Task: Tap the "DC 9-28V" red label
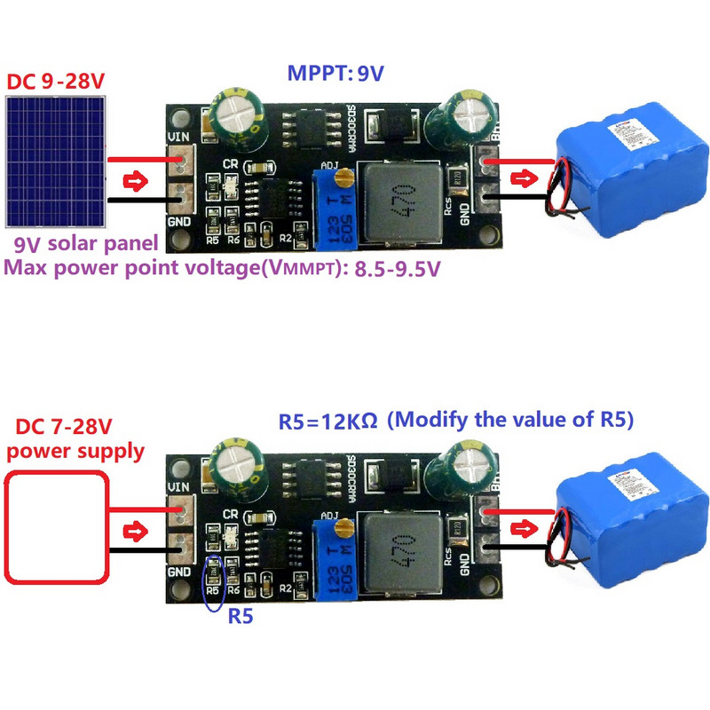click(x=56, y=81)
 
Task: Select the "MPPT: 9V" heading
click(x=335, y=75)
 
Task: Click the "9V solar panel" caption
click(x=85, y=243)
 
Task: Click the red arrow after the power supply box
click(x=135, y=532)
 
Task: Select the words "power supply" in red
click(x=75, y=451)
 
